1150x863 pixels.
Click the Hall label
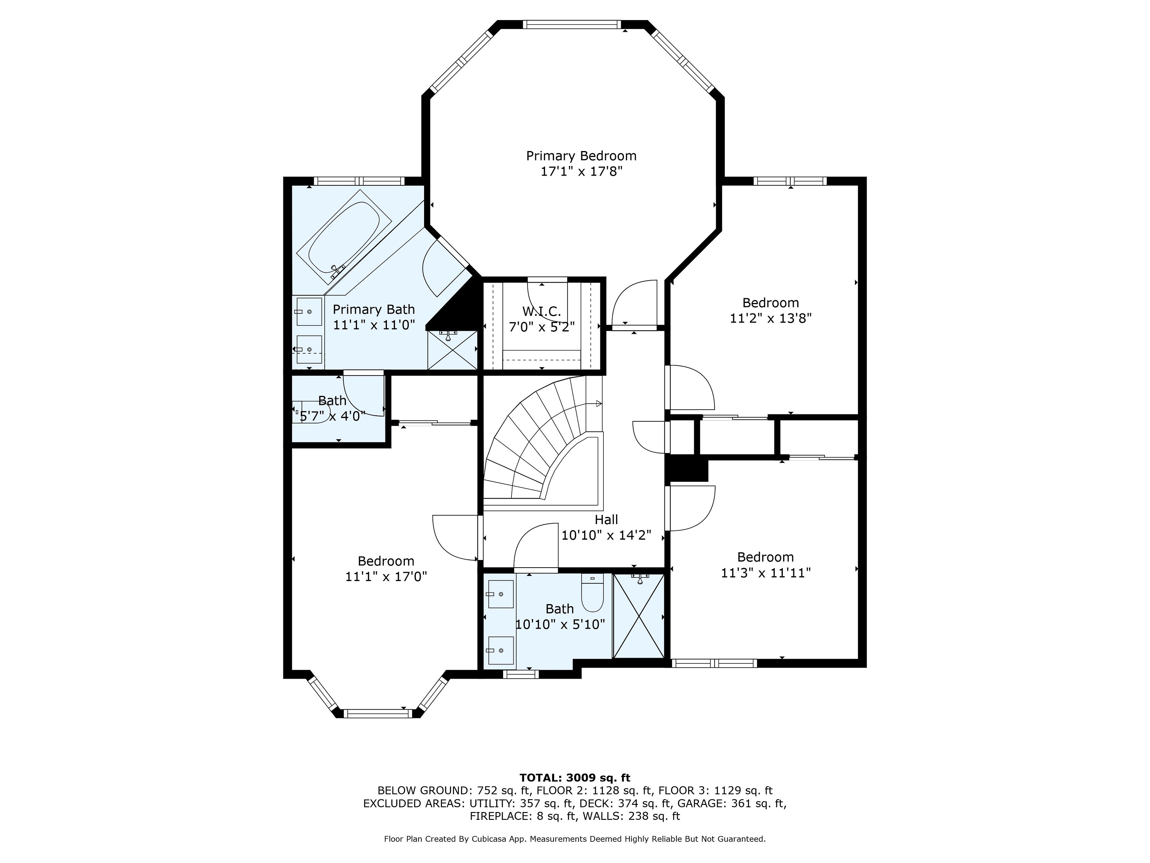click(606, 520)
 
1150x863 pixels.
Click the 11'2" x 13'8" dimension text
click(771, 318)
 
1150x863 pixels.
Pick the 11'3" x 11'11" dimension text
click(766, 573)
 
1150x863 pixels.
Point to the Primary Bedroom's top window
click(571, 25)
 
